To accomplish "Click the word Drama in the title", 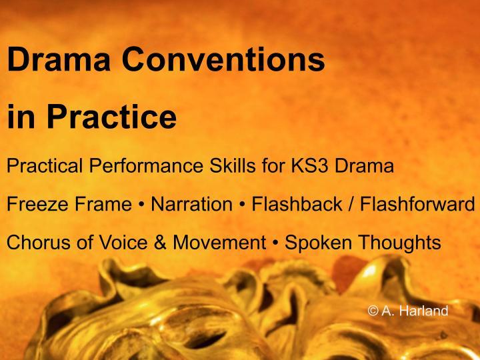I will [x=59, y=61].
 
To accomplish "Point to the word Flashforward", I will [x=418, y=204].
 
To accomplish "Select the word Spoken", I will [x=319, y=243].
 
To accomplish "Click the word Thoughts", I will [x=399, y=243].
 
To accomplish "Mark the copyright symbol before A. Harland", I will [x=373, y=311].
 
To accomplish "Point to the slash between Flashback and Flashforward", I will [x=351, y=204].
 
